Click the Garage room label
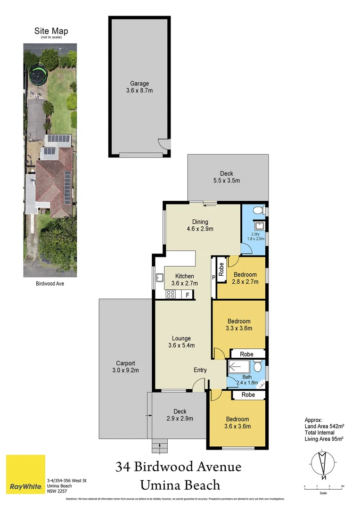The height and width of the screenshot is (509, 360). [139, 87]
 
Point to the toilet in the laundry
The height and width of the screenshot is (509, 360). [257, 210]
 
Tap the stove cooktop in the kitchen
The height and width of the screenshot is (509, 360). [171, 295]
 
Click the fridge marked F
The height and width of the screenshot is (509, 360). [188, 295]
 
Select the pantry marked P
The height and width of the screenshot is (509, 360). [213, 278]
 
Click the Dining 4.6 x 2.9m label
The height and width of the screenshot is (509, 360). [200, 225]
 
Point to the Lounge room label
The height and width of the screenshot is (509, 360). [181, 342]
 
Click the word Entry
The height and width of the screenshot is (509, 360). [200, 370]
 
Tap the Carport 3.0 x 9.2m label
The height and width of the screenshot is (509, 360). [126, 367]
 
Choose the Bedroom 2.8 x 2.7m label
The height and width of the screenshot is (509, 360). [245, 278]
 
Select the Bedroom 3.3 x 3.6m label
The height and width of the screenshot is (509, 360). [239, 325]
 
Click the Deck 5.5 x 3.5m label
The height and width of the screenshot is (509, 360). [227, 177]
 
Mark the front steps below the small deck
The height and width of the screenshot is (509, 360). [160, 445]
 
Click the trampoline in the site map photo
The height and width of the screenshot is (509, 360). [37, 74]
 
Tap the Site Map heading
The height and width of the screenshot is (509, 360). [50, 32]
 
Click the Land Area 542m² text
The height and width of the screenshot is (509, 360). [324, 426]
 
